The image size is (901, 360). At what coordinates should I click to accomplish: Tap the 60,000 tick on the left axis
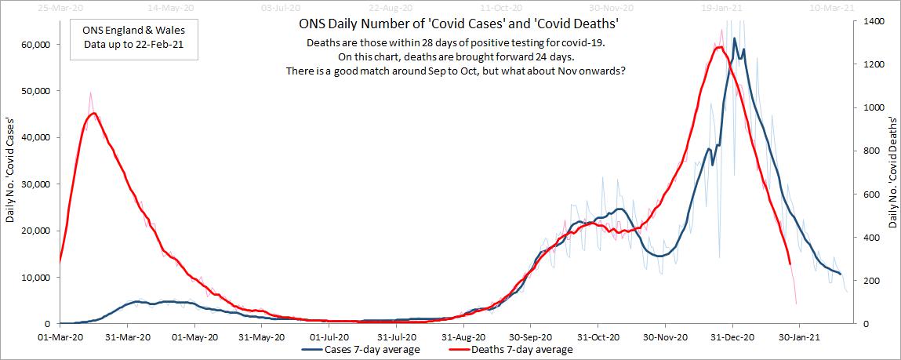[34, 45]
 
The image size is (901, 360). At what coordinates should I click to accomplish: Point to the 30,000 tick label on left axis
[34, 184]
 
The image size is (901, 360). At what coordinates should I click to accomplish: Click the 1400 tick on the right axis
[872, 21]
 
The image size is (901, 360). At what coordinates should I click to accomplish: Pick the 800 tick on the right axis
[870, 151]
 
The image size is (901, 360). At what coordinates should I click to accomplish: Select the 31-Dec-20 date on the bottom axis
[732, 336]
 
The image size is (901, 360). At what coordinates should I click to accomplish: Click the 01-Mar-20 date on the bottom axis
[60, 336]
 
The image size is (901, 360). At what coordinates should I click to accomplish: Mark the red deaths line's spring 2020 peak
[93, 113]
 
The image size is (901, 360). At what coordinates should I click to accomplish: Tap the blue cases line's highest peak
[735, 38]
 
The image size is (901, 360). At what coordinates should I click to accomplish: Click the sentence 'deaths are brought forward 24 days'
[452, 57]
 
